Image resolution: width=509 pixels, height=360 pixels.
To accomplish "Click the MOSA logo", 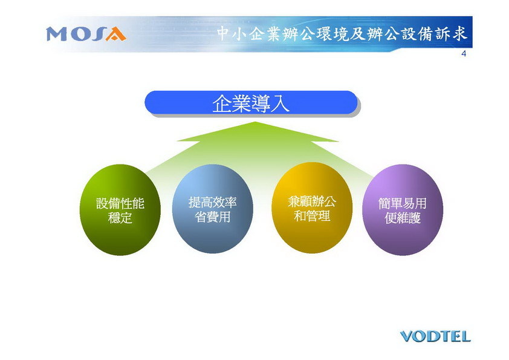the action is (86, 34).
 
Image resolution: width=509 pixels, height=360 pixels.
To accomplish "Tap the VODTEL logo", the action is (435, 336).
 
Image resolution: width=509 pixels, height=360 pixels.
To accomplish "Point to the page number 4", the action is (464, 54).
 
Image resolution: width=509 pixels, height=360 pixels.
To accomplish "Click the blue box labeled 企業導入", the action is (251, 103).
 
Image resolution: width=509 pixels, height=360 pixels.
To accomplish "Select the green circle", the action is (120, 209).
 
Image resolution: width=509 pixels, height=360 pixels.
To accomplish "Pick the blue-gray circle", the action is (212, 209).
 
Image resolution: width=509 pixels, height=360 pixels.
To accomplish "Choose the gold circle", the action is (312, 208).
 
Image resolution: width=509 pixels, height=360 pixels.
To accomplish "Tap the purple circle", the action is (403, 209).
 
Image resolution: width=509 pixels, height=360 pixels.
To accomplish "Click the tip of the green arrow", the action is (256, 122).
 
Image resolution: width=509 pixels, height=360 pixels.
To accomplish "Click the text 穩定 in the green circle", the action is (120, 218).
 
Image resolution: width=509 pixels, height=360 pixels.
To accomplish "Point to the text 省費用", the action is (213, 217).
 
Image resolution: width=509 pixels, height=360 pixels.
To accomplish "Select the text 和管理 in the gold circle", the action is (312, 216).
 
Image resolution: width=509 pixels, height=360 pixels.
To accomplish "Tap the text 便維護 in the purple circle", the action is (403, 218).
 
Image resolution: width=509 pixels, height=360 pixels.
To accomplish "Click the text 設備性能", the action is (120, 204).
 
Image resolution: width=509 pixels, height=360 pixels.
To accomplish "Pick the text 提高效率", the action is (213, 203).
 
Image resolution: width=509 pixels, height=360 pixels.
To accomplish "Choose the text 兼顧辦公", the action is (312, 201).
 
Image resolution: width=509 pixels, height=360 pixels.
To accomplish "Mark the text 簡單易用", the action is (403, 204).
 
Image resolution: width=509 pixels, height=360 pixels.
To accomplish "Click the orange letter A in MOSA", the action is (116, 34).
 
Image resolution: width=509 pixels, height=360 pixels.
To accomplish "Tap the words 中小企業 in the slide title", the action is (249, 34).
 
